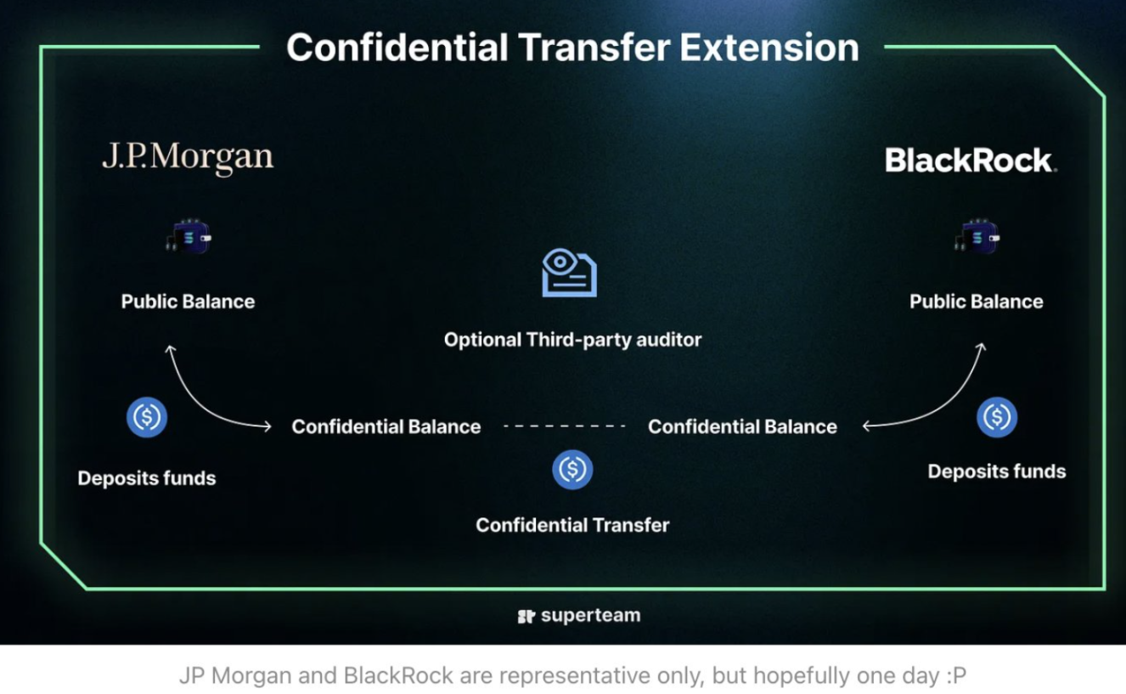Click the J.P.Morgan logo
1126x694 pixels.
pyautogui.click(x=188, y=157)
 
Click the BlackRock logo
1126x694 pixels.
pyautogui.click(x=971, y=160)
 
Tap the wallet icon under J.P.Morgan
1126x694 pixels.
pyautogui.click(x=189, y=238)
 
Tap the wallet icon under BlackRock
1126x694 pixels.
pyautogui.click(x=977, y=238)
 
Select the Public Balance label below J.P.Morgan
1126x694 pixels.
pyautogui.click(x=188, y=302)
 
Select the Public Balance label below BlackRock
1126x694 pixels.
pyautogui.click(x=977, y=302)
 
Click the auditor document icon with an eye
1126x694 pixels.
pyautogui.click(x=570, y=274)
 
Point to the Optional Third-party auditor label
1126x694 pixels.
pyautogui.click(x=572, y=340)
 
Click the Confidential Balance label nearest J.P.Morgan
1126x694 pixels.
pyautogui.click(x=386, y=426)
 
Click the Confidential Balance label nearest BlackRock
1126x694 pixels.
pyautogui.click(x=742, y=426)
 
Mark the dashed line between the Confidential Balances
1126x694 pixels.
pyautogui.click(x=565, y=426)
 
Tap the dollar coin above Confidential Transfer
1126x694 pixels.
pyautogui.click(x=572, y=470)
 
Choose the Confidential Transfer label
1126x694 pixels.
pyautogui.click(x=572, y=525)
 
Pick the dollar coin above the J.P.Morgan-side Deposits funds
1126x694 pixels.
pyautogui.click(x=147, y=417)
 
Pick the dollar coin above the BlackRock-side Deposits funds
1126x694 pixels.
pyautogui.click(x=996, y=417)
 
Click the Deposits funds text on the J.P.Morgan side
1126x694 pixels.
pyautogui.click(x=147, y=478)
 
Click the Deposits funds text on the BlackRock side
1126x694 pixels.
pyautogui.click(x=996, y=471)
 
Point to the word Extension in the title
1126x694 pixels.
pyautogui.click(x=769, y=48)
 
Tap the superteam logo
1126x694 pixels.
pyautogui.click(x=579, y=616)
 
